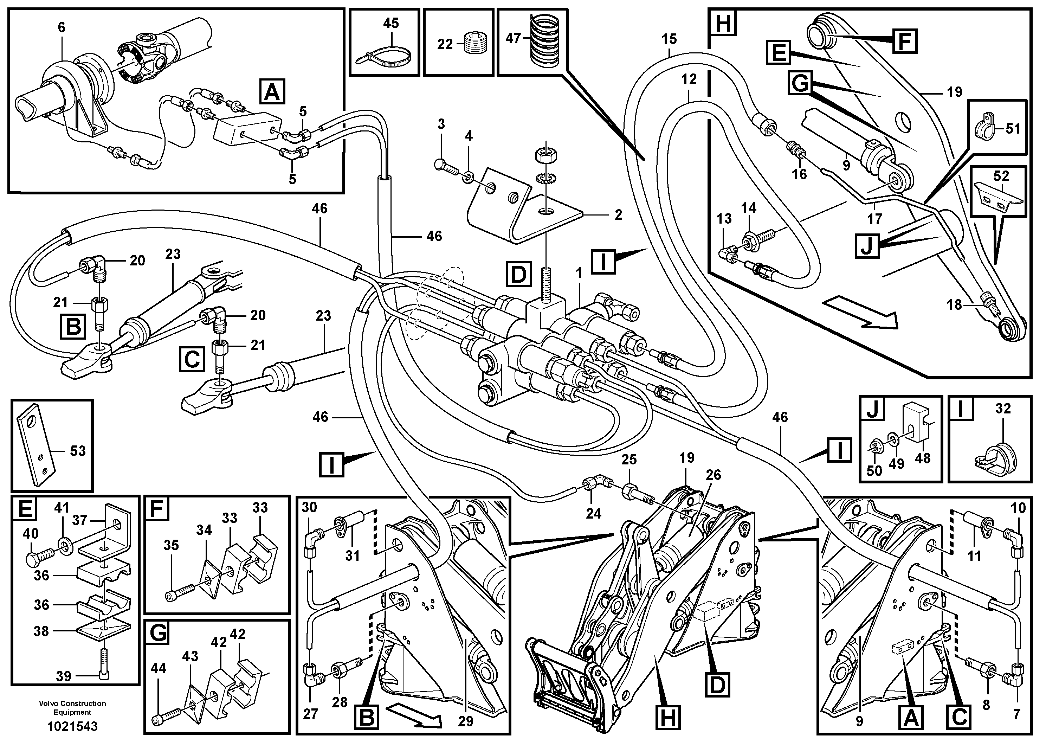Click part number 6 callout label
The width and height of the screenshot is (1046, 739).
tap(62, 27)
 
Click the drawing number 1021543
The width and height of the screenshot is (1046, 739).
tap(72, 726)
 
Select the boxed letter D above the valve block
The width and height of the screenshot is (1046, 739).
tap(518, 274)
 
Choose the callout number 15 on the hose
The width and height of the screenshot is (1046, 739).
tap(669, 39)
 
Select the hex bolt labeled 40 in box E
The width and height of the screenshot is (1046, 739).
tap(40, 559)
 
